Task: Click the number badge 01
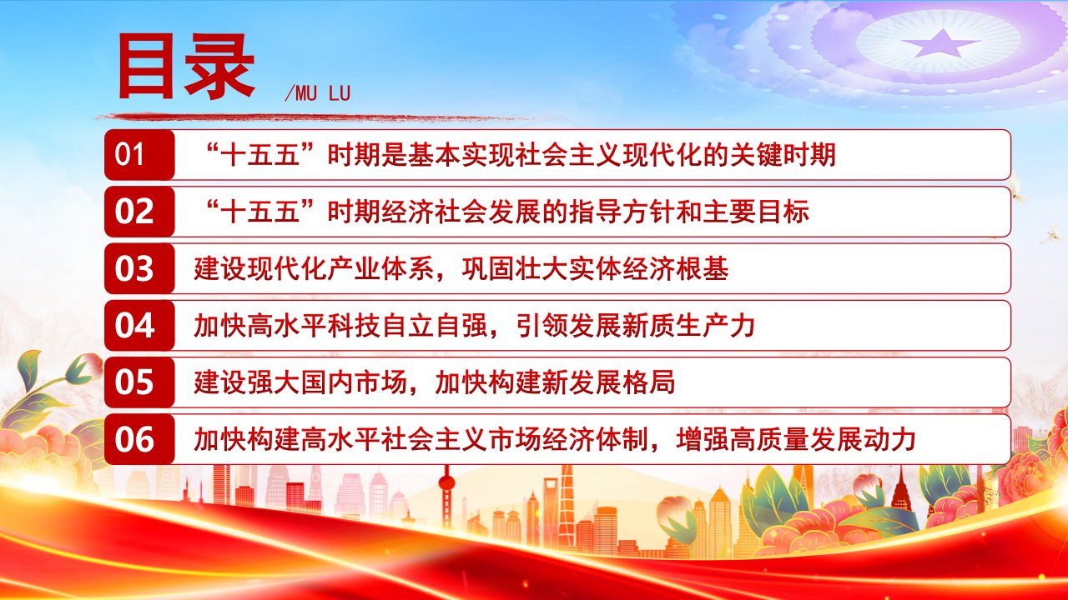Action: click(139, 155)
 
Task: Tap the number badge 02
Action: click(139, 212)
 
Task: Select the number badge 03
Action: click(139, 268)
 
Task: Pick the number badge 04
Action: click(139, 325)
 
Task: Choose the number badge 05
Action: click(139, 382)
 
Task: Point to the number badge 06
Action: click(139, 439)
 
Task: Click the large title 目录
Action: click(186, 67)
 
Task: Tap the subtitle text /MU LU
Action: click(318, 93)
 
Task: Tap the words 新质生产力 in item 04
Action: click(689, 326)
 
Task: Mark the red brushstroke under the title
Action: click(329, 117)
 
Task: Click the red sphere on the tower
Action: click(446, 482)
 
